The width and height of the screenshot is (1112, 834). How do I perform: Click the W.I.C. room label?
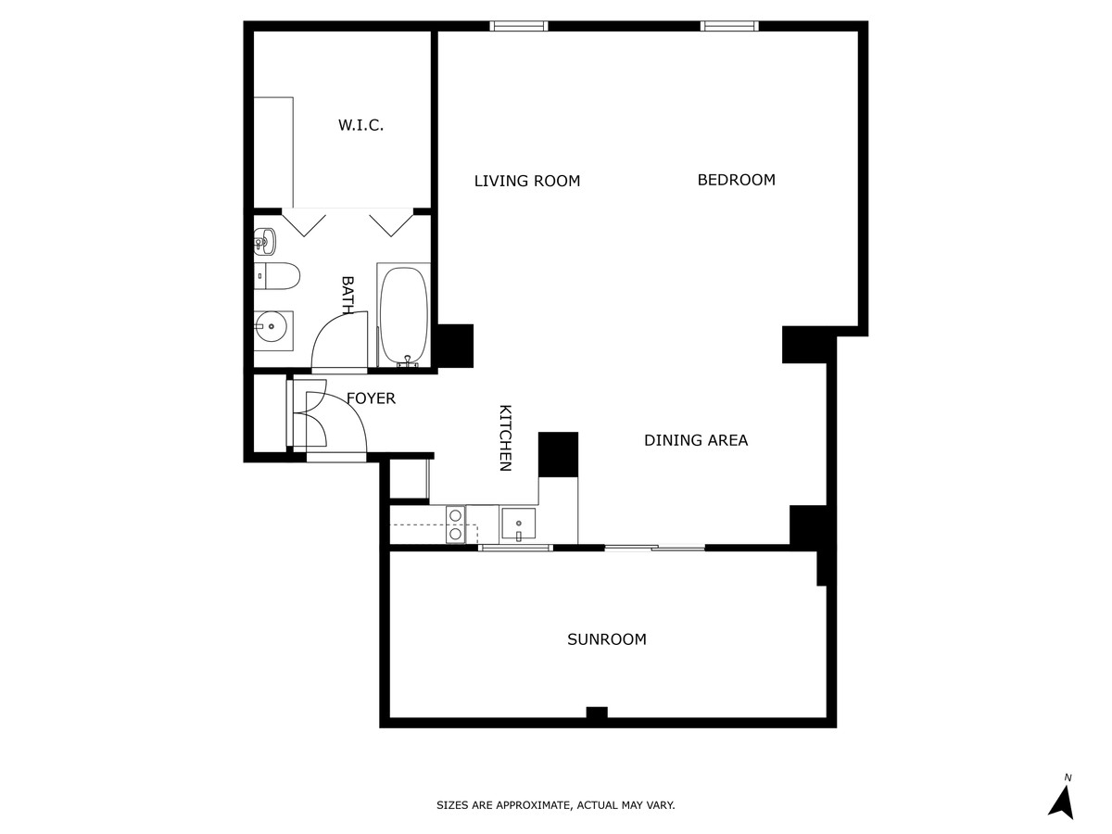(360, 125)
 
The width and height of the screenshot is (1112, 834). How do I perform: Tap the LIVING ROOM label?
(527, 181)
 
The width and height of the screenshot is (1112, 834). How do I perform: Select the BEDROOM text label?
(736, 180)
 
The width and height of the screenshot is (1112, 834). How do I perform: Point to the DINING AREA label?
(696, 440)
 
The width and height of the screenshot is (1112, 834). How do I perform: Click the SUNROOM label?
(606, 639)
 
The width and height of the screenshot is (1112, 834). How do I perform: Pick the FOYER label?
(371, 398)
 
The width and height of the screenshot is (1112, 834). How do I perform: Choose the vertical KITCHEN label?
(506, 438)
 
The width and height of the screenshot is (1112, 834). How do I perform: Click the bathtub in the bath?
(404, 315)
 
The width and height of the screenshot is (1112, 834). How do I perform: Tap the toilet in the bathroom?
(276, 276)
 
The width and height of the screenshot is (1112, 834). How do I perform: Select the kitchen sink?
(518, 524)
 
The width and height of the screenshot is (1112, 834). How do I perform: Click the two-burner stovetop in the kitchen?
(455, 524)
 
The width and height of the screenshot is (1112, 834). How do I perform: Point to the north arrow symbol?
(1062, 802)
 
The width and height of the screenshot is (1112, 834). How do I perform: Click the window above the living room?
(519, 26)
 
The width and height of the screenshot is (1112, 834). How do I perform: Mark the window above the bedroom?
(729, 26)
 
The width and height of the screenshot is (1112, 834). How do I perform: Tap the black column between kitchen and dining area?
(558, 454)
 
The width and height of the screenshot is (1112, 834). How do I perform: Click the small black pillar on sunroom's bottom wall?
(597, 713)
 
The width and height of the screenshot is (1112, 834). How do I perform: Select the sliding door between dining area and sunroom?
(654, 548)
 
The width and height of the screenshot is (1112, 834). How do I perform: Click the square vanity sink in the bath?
(273, 327)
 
